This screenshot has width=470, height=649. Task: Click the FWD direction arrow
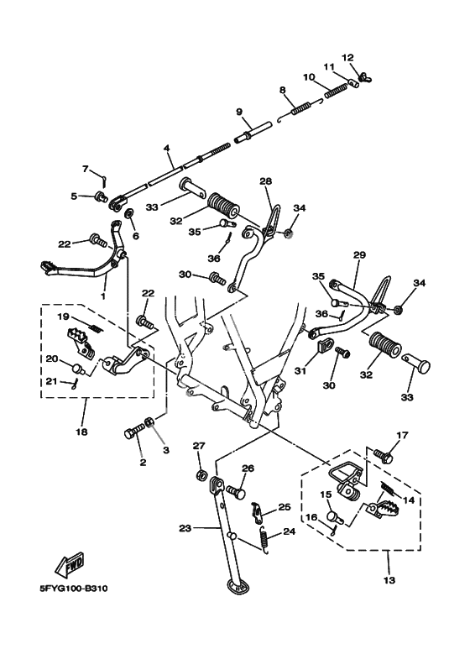pyautogui.click(x=70, y=565)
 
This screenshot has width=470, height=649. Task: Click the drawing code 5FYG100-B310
pyautogui.click(x=73, y=589)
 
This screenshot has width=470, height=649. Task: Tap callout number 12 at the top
pyautogui.click(x=347, y=57)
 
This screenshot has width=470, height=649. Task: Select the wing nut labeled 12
pyautogui.click(x=365, y=77)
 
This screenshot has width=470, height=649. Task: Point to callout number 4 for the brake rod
pyautogui.click(x=167, y=148)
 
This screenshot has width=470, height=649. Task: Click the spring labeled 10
pyautogui.click(x=336, y=91)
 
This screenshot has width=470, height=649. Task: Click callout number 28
pyautogui.click(x=266, y=181)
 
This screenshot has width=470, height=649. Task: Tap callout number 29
pyautogui.click(x=359, y=255)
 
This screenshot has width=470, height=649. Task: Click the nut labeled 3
pyautogui.click(x=149, y=422)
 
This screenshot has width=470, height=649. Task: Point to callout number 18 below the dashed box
pyautogui.click(x=82, y=432)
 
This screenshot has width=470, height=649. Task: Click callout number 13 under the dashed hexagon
pyautogui.click(x=389, y=580)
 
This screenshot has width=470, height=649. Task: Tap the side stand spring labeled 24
pyautogui.click(x=264, y=539)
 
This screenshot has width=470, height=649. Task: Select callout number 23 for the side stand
pyautogui.click(x=185, y=528)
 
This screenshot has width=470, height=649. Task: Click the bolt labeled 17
pyautogui.click(x=383, y=456)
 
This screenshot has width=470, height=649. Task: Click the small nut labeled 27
pyautogui.click(x=201, y=474)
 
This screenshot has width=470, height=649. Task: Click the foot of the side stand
pyautogui.click(x=237, y=586)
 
